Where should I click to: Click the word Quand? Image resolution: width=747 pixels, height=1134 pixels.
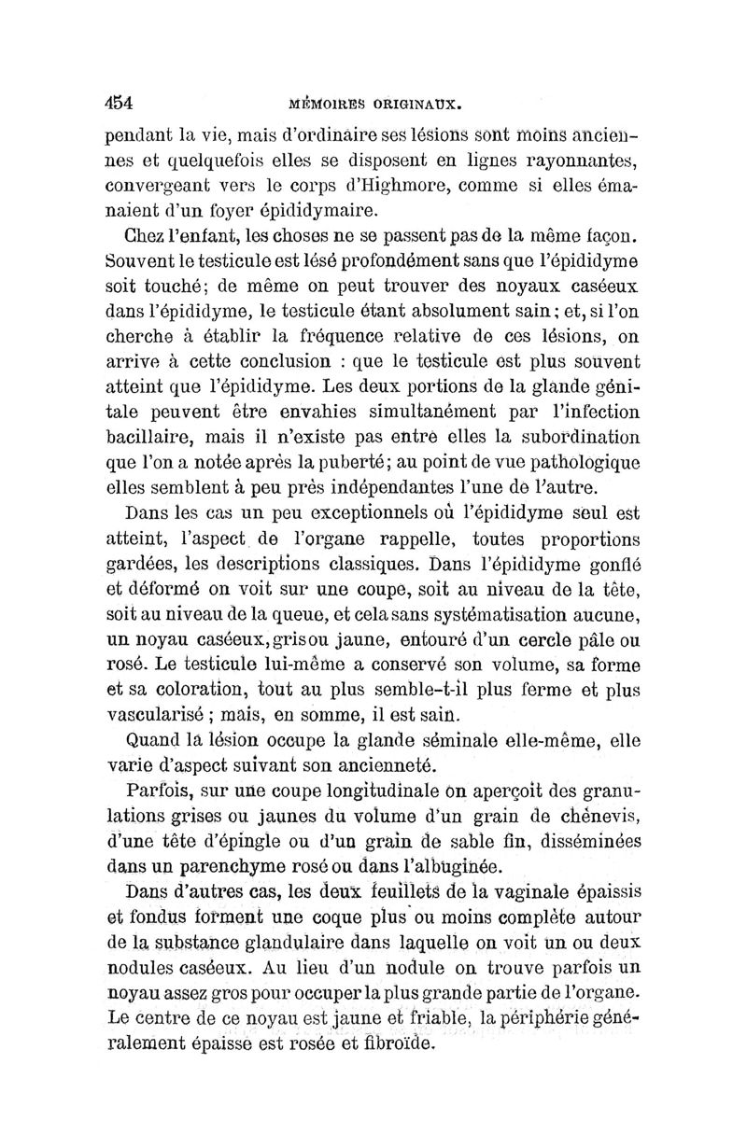[x=153, y=743]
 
